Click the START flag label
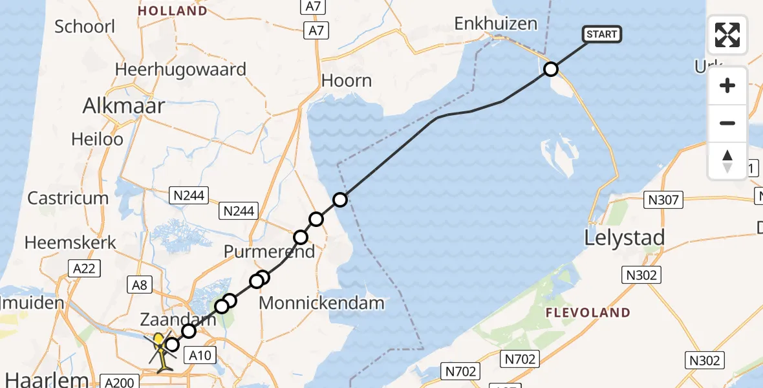602,34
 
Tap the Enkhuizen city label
496,24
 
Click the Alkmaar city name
124,106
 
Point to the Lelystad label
624,238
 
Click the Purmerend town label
269,252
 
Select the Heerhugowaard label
180,70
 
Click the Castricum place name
67,198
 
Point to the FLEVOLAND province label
588,313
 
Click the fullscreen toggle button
727,35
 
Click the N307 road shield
665,200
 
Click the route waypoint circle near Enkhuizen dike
551,69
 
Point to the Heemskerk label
70,243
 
